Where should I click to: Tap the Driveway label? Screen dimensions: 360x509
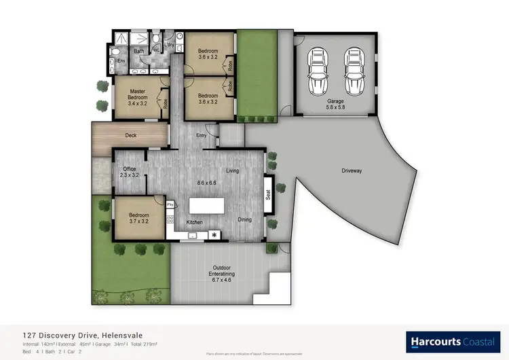[x=352, y=171]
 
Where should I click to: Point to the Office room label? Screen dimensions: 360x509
[x=129, y=172]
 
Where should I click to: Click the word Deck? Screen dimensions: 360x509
[x=131, y=135]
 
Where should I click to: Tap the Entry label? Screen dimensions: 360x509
[x=202, y=135]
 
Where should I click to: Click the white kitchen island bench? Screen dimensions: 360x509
[x=206, y=206]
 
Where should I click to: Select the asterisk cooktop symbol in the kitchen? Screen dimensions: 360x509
[x=214, y=235]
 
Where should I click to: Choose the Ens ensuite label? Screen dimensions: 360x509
[x=121, y=62]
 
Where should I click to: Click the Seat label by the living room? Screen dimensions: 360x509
[x=268, y=194]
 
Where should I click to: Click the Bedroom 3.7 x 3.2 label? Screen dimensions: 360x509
[x=140, y=217]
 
